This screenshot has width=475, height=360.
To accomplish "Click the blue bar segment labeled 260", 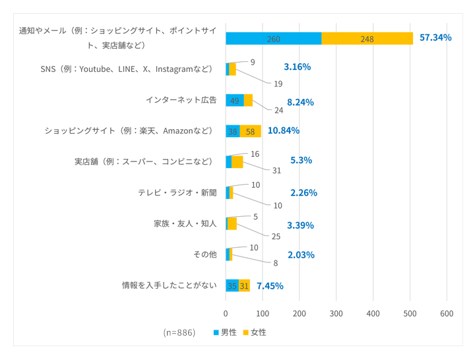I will click(273, 38).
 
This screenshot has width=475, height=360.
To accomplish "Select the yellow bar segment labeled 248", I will click(367, 38).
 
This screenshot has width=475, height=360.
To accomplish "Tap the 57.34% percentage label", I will click(435, 38).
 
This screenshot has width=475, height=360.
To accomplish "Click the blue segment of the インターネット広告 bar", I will click(234, 100).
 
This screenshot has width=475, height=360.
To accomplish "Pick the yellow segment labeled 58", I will click(250, 131).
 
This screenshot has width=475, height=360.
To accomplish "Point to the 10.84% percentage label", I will click(284, 131).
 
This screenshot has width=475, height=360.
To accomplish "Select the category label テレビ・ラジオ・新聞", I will click(177, 193).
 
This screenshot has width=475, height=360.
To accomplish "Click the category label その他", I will click(205, 255).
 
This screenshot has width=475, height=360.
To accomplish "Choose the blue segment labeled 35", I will click(232, 285).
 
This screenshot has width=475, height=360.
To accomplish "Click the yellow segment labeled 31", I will click(244, 285).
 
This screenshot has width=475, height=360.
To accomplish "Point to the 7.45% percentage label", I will click(270, 285).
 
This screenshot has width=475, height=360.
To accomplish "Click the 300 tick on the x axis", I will click(336, 313).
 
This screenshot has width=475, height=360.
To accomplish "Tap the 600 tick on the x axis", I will click(447, 313).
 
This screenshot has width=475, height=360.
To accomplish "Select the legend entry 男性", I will click(224, 332).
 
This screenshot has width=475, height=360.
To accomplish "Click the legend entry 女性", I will click(255, 332).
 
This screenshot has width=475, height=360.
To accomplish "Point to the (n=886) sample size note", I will click(179, 332).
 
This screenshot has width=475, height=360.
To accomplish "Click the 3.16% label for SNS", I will click(297, 67).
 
